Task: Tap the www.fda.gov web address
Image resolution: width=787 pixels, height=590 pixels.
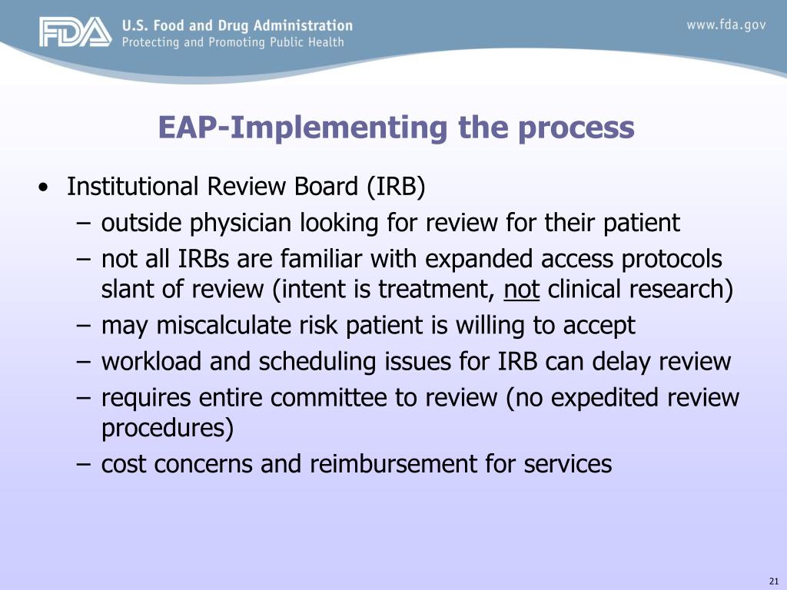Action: [x=726, y=25]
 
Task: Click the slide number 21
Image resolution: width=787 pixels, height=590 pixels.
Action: [x=773, y=580]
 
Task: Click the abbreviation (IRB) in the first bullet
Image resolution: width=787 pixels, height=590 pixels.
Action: [x=395, y=187]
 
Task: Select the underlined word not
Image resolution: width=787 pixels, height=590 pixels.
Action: [x=522, y=290]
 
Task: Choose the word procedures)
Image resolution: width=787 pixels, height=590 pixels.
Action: [x=167, y=429]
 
